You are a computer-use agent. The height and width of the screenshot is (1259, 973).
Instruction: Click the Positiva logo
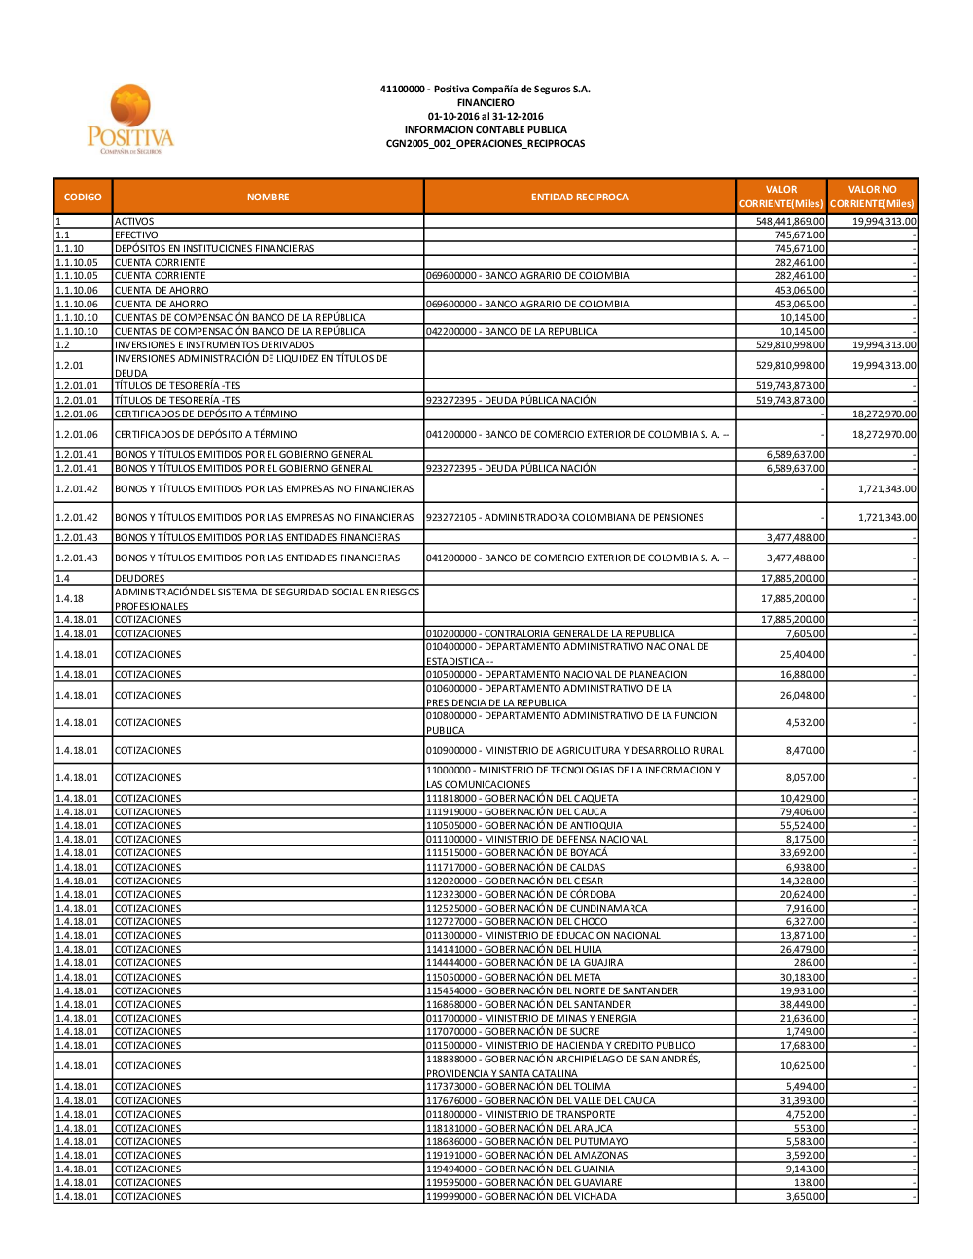(129, 120)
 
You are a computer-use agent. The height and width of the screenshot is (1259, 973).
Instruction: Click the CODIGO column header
(83, 197)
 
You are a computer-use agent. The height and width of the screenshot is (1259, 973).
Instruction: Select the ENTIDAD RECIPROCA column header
(579, 197)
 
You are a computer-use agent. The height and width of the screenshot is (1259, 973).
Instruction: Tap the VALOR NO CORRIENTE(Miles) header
(872, 197)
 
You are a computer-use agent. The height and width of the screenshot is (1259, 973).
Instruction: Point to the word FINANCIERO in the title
(486, 102)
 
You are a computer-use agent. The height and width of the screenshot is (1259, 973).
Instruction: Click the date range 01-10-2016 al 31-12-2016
(486, 116)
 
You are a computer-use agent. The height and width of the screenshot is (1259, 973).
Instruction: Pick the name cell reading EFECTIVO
(137, 235)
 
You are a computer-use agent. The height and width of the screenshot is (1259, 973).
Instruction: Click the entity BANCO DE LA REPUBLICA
(512, 332)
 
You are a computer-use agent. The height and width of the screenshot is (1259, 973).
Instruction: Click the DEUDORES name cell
(140, 579)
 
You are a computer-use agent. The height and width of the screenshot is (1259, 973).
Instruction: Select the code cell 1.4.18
(70, 599)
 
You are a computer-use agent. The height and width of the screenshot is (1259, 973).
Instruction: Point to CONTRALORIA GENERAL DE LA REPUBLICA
(550, 634)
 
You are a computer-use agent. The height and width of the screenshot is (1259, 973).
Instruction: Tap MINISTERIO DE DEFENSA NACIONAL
(536, 840)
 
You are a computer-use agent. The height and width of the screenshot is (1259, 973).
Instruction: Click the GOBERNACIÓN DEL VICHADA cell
(521, 1197)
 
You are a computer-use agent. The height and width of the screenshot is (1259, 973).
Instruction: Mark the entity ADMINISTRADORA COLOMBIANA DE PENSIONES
(564, 518)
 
